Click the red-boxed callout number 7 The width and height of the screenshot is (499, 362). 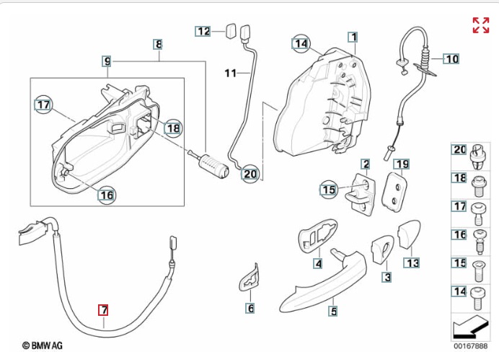[104, 310]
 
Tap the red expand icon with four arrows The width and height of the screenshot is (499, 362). [480, 25]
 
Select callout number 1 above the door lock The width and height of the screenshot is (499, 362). [353, 36]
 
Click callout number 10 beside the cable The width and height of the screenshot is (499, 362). [451, 59]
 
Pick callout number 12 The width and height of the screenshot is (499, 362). [203, 31]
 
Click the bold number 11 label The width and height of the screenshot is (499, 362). [231, 73]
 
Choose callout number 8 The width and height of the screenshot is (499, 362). [159, 45]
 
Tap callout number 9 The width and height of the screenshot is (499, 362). [106, 61]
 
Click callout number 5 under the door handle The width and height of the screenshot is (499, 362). [333, 312]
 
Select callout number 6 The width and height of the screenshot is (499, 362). [250, 309]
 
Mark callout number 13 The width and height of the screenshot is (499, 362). [412, 263]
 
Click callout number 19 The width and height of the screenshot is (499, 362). [402, 164]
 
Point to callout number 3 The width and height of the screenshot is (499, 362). [387, 277]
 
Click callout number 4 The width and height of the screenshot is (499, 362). [317, 264]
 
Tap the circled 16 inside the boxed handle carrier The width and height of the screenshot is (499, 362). [106, 194]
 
